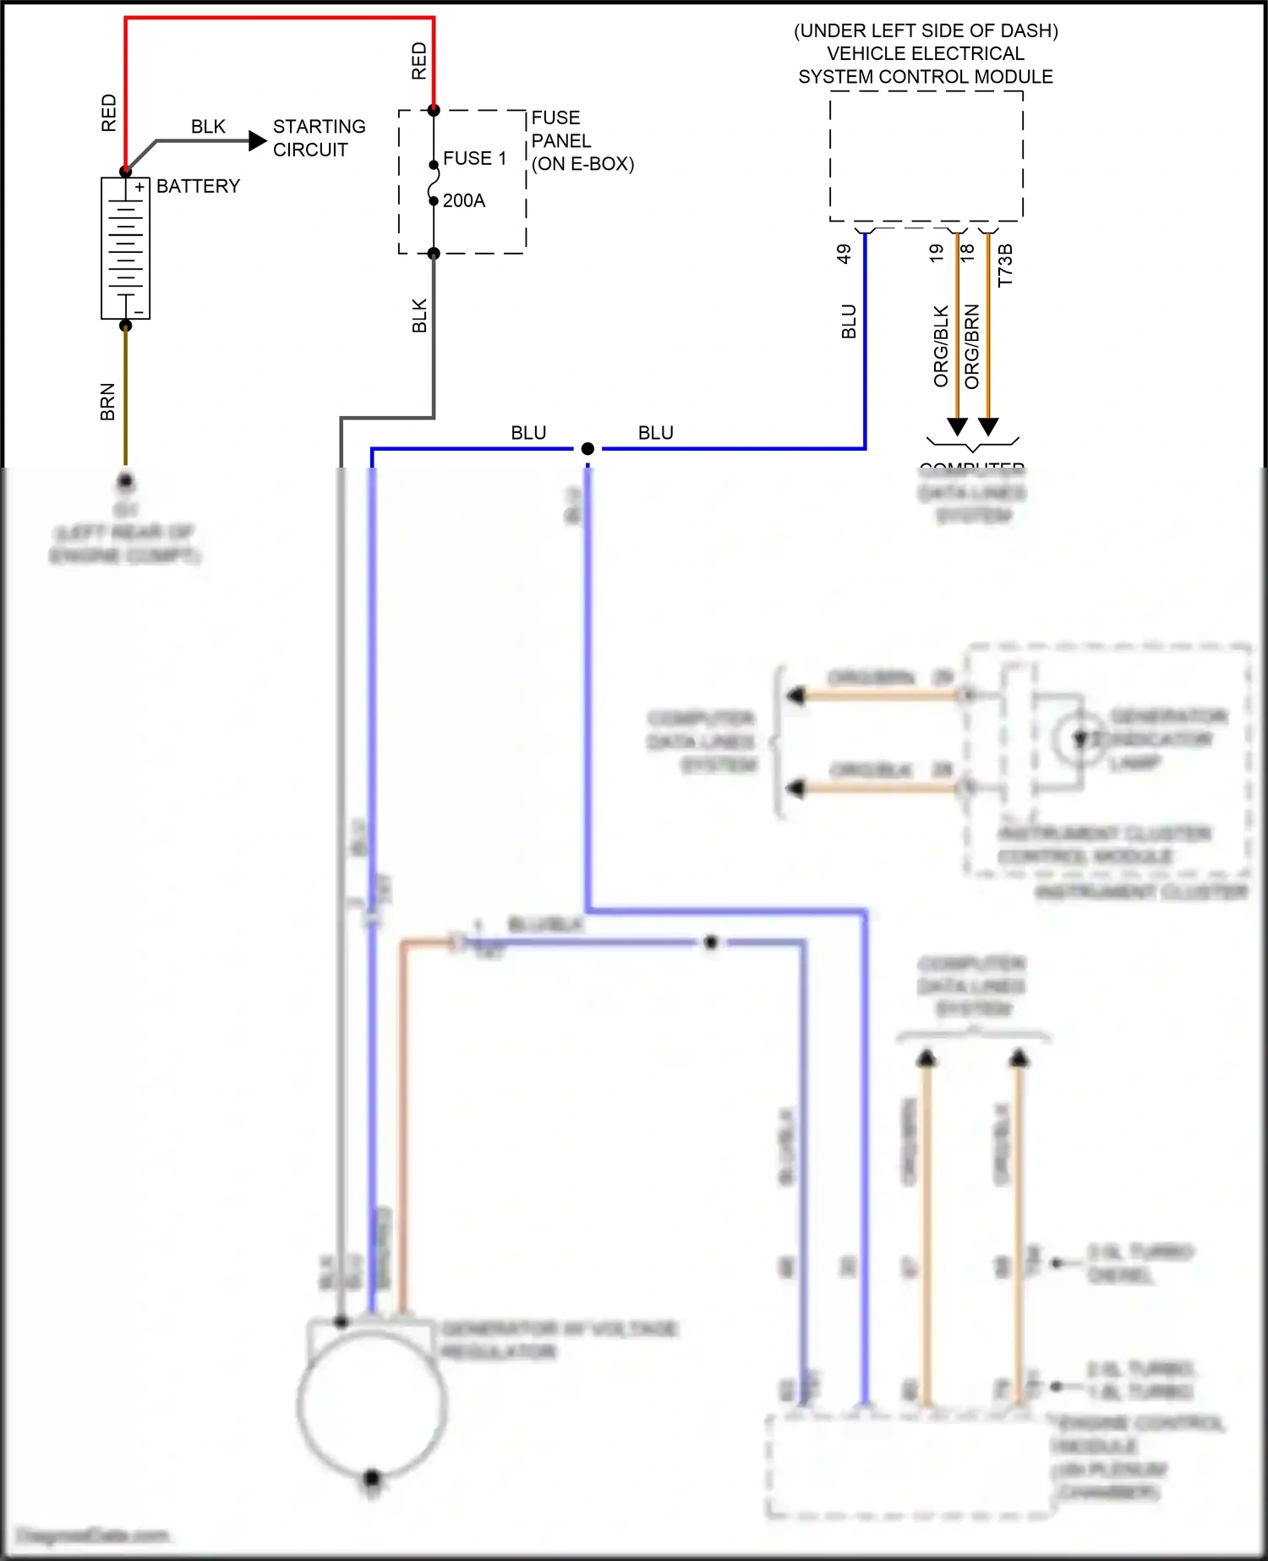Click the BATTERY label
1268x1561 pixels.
coord(198,186)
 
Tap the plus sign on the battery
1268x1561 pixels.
coord(139,187)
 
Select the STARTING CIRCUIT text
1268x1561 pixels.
coord(319,138)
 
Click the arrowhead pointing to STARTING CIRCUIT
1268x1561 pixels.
coord(258,140)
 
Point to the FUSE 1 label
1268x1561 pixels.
coord(474,158)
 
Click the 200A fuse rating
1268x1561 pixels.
coord(464,200)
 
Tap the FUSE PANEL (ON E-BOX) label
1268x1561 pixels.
coord(582,140)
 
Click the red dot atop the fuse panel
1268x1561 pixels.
coord(434,110)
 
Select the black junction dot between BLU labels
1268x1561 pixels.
coord(588,448)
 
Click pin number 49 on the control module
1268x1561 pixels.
coord(844,254)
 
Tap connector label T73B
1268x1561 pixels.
coord(1005,266)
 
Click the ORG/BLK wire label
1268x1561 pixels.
coord(941,347)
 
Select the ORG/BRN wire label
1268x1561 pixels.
coord(972,347)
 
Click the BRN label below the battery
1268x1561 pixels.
coord(107,402)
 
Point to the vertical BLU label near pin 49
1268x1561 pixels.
coord(849,321)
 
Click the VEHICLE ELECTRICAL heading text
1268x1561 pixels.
coord(926,53)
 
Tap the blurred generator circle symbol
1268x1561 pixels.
coord(372,1404)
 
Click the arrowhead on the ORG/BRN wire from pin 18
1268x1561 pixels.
coord(988,426)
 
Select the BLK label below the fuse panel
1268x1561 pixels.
coord(419,315)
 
